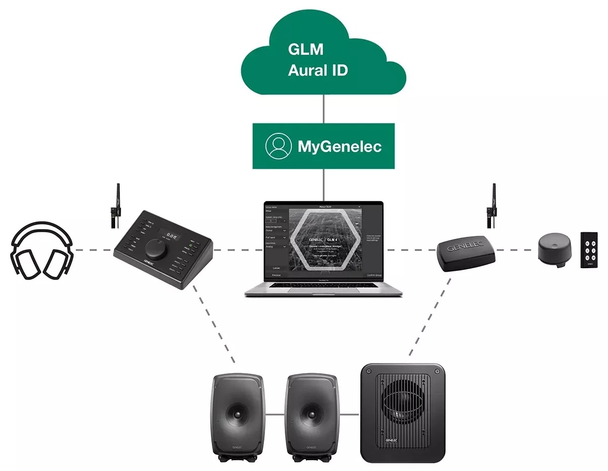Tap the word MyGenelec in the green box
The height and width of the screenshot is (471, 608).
click(339, 147)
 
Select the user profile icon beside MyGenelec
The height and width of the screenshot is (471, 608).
click(279, 147)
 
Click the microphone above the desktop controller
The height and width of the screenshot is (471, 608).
click(116, 205)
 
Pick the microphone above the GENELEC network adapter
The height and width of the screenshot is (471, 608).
click(490, 205)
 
